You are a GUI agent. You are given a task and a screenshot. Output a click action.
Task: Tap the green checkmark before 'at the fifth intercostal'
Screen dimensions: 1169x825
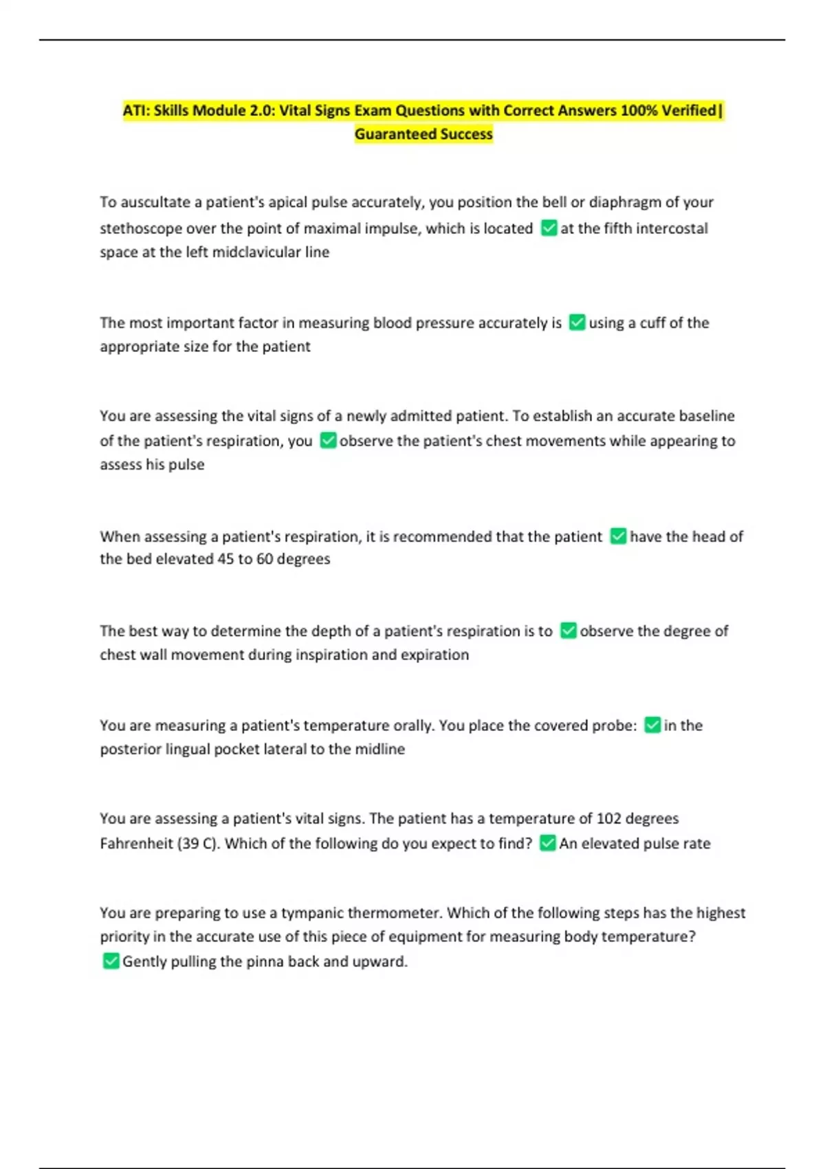(x=549, y=228)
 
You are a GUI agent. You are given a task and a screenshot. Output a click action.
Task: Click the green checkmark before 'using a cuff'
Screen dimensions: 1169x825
(x=577, y=323)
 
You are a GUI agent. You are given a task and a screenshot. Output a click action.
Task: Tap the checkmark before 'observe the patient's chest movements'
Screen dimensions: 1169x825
(x=328, y=440)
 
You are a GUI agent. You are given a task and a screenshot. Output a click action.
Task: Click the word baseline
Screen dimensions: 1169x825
(x=706, y=416)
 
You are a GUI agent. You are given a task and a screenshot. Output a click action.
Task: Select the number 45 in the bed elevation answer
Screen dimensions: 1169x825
(x=225, y=559)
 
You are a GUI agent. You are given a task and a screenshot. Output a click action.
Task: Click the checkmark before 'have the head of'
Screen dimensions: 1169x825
(x=618, y=536)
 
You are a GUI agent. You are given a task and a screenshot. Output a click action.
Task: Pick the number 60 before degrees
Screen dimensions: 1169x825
(x=265, y=559)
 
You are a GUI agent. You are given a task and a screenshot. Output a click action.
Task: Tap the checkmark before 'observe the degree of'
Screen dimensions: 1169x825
(x=568, y=631)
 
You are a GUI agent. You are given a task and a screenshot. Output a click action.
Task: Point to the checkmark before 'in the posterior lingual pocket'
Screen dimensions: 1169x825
(x=652, y=725)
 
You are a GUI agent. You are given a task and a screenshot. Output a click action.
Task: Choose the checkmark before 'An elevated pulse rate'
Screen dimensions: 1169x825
(x=547, y=843)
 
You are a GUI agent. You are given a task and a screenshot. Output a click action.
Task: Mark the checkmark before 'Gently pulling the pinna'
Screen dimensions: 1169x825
(x=111, y=961)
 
